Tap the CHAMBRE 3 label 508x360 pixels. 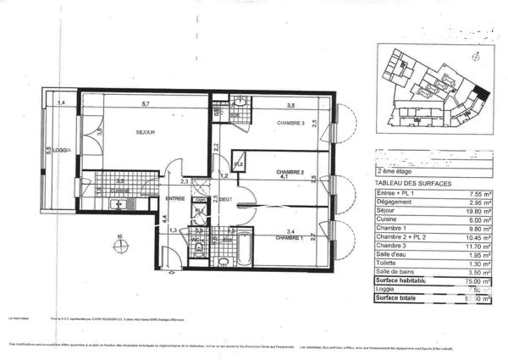(290, 125)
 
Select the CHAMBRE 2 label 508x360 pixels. (290, 171)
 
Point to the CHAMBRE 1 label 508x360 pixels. (290, 238)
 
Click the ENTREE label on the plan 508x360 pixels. (175, 198)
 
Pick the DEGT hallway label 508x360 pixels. (226, 200)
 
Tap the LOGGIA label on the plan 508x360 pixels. (60, 151)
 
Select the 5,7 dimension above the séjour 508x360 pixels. (146, 104)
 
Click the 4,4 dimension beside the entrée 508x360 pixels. (164, 219)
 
